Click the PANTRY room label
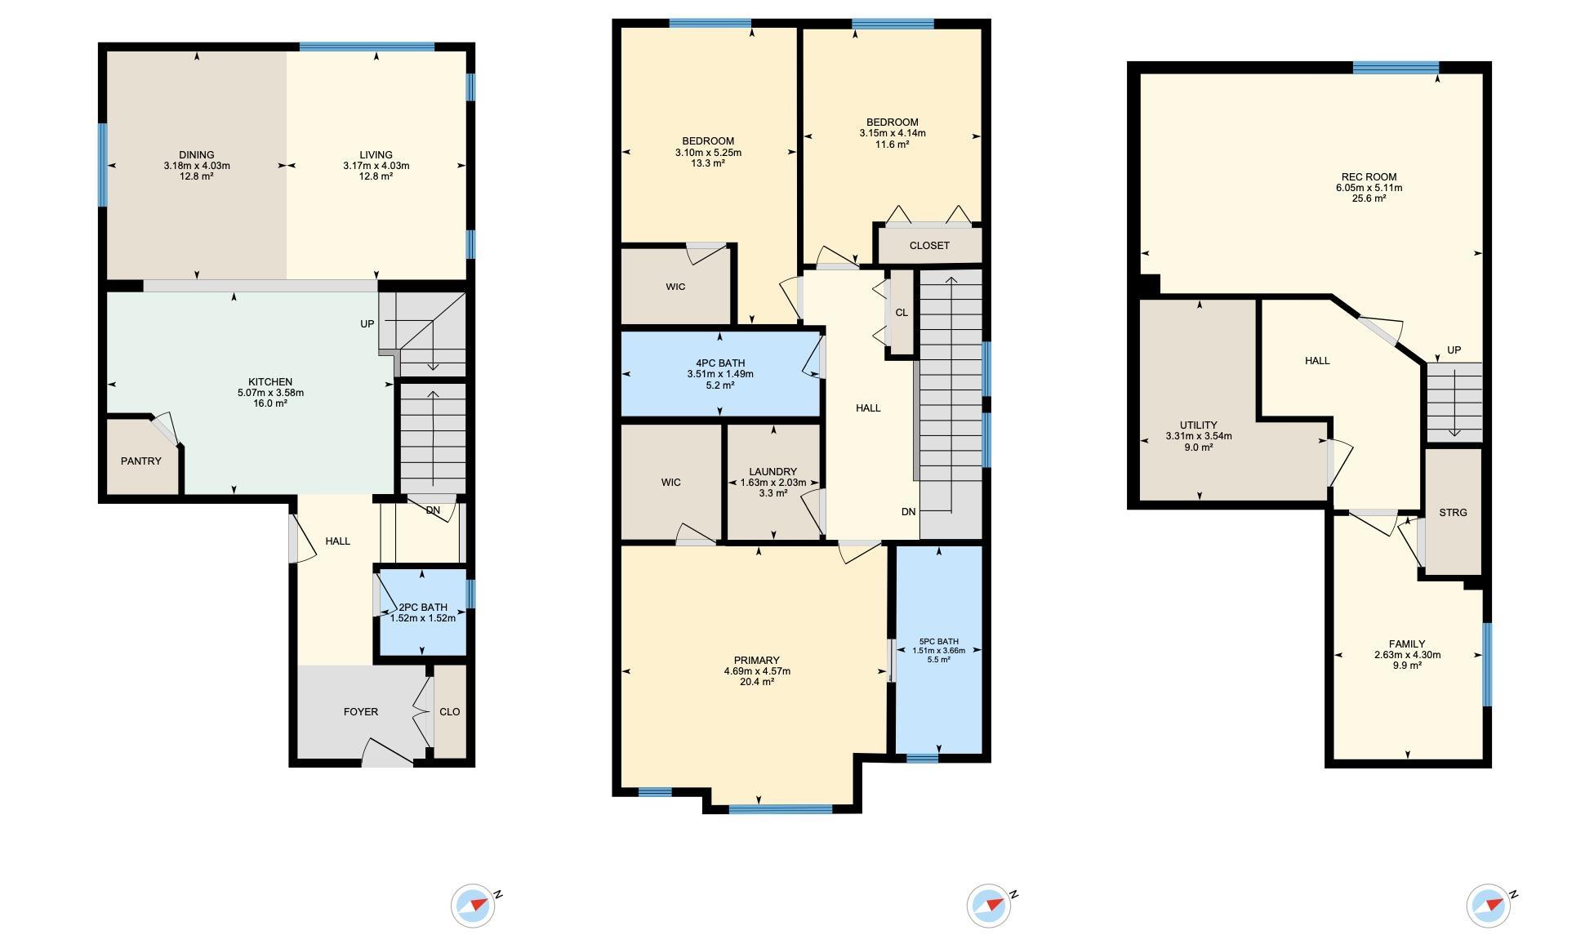[141, 461]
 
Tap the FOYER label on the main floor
[360, 712]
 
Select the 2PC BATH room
[422, 611]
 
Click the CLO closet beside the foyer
[449, 712]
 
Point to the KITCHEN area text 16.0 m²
[270, 403]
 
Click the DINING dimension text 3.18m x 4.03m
[197, 166]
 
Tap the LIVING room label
[376, 155]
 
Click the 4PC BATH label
[720, 363]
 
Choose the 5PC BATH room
[939, 649]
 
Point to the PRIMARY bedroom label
[757, 661]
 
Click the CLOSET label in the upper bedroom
[929, 246]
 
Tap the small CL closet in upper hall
[902, 313]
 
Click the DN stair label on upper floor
[909, 512]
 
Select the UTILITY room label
[1198, 425]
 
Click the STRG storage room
[1453, 512]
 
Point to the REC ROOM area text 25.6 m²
[1369, 198]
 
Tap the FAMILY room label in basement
[1407, 644]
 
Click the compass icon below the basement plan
[1489, 906]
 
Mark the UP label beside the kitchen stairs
[367, 324]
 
